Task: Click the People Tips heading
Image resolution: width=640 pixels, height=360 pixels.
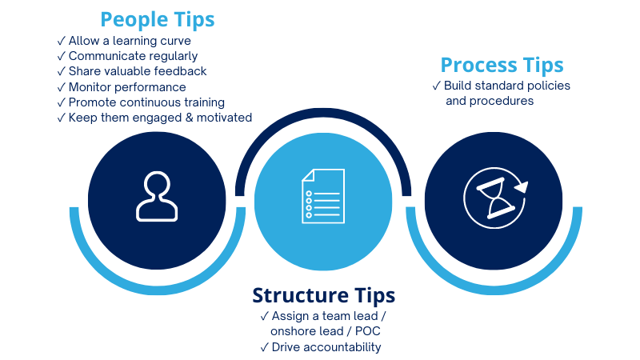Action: (x=158, y=19)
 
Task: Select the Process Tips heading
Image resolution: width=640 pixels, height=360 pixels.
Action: (x=502, y=65)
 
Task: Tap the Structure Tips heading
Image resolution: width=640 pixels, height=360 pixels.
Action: (x=324, y=295)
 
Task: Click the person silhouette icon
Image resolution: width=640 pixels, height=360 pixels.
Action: (x=157, y=197)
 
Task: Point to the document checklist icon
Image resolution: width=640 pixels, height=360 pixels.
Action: (x=324, y=197)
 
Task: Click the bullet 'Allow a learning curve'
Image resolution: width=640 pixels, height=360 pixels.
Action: (x=130, y=41)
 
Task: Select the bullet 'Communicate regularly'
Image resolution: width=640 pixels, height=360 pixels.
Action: (x=133, y=56)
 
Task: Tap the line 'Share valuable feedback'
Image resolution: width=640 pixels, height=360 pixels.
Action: (x=138, y=71)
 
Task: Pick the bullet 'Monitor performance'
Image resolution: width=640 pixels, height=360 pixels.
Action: (x=127, y=86)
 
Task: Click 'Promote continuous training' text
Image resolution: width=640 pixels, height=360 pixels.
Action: (x=146, y=102)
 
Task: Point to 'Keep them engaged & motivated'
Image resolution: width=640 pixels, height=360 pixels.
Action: (x=160, y=118)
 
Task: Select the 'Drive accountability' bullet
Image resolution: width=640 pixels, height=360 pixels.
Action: (x=326, y=347)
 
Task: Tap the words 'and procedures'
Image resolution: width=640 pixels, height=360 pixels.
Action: (x=490, y=101)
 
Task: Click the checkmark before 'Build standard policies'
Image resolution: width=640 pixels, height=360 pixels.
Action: (x=437, y=86)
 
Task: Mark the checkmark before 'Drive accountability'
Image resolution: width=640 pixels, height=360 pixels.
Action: (x=265, y=347)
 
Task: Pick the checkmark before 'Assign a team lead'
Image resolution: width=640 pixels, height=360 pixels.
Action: (x=265, y=317)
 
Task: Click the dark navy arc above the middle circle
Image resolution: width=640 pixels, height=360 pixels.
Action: (x=324, y=117)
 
